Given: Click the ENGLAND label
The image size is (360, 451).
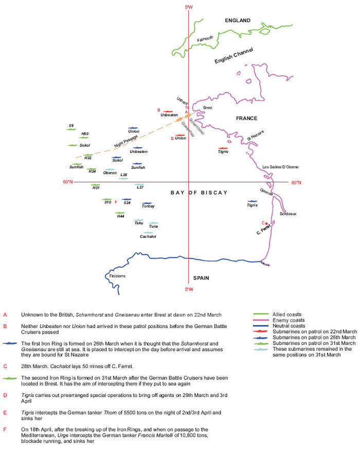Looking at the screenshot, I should [237, 21].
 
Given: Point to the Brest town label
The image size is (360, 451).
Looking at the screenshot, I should [208, 108].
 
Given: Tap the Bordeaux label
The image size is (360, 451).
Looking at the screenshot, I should [288, 213].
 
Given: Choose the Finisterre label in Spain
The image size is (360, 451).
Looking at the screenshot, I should [117, 276].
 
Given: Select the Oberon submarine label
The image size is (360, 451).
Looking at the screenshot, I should [110, 173].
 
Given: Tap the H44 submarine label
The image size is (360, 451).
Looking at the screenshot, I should [120, 216].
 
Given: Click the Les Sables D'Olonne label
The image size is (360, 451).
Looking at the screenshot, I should [280, 167].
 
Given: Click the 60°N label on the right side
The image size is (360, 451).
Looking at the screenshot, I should [296, 182].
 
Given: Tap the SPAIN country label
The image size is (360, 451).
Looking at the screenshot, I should [201, 278].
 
